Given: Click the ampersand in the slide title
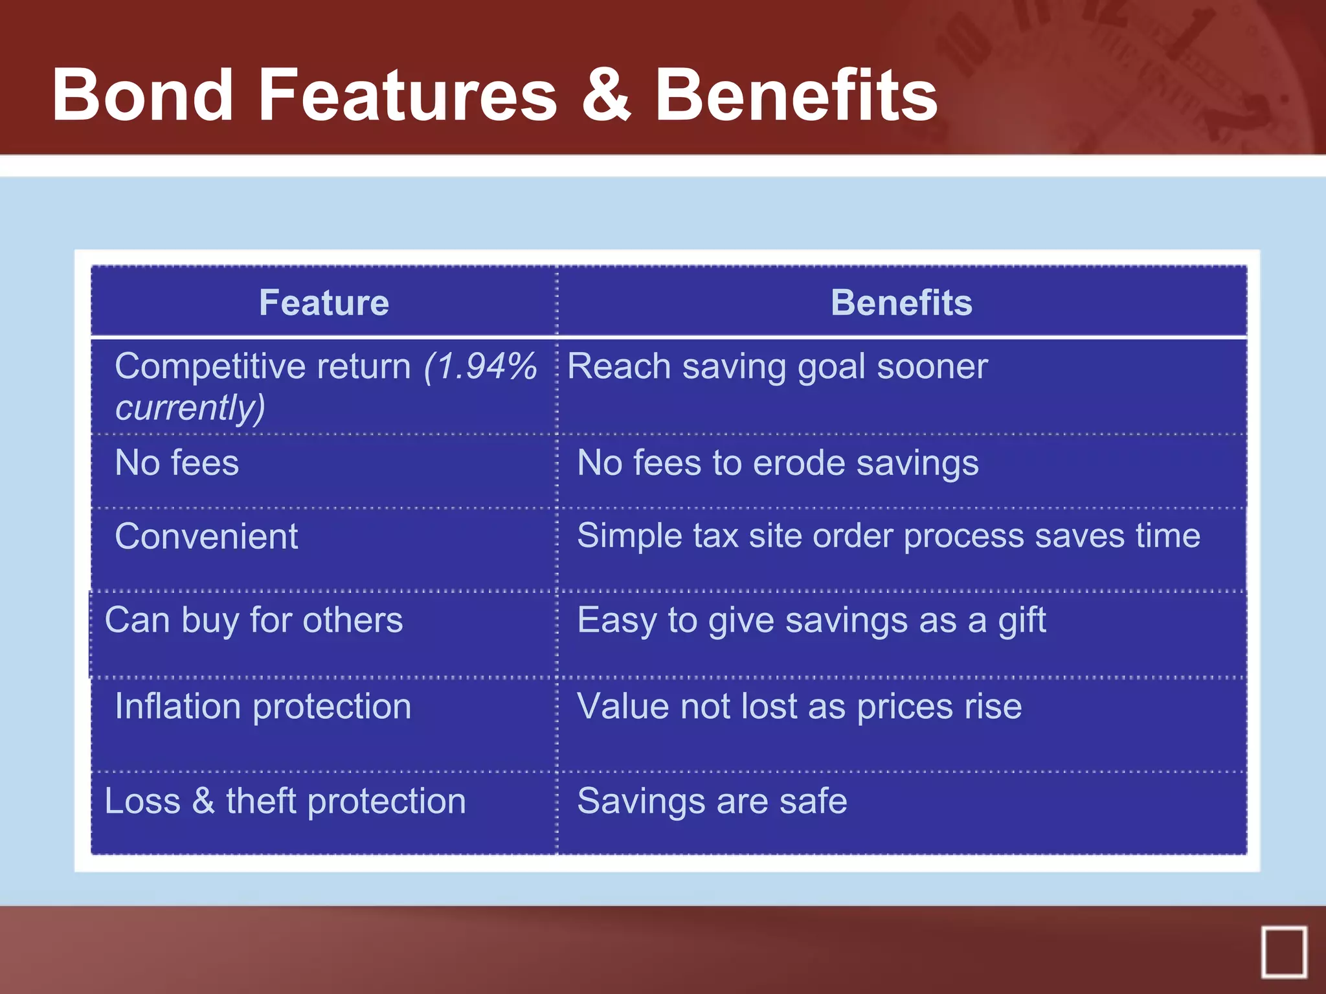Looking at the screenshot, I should pyautogui.click(x=606, y=96).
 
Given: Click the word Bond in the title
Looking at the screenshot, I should pyautogui.click(x=142, y=96).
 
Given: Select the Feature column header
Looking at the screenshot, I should pyautogui.click(x=324, y=302).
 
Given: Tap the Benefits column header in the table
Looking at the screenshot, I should pyautogui.click(x=901, y=302).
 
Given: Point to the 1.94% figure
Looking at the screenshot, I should pyautogui.click(x=480, y=366).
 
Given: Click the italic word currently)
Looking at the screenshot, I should pyautogui.click(x=190, y=408).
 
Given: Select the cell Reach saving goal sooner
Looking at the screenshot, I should pyautogui.click(x=777, y=367).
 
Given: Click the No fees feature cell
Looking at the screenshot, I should pyautogui.click(x=177, y=463).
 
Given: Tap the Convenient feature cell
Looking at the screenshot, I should pyautogui.click(x=206, y=536).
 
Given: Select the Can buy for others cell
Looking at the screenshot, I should pyautogui.click(x=254, y=620).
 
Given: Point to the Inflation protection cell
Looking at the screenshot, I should pyautogui.click(x=263, y=706).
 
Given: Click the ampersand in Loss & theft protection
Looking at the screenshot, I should pyautogui.click(x=203, y=801).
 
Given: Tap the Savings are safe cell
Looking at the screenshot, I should pyautogui.click(x=712, y=801).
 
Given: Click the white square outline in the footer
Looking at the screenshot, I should pyautogui.click(x=1284, y=952).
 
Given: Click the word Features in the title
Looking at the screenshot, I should pyautogui.click(x=408, y=96).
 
